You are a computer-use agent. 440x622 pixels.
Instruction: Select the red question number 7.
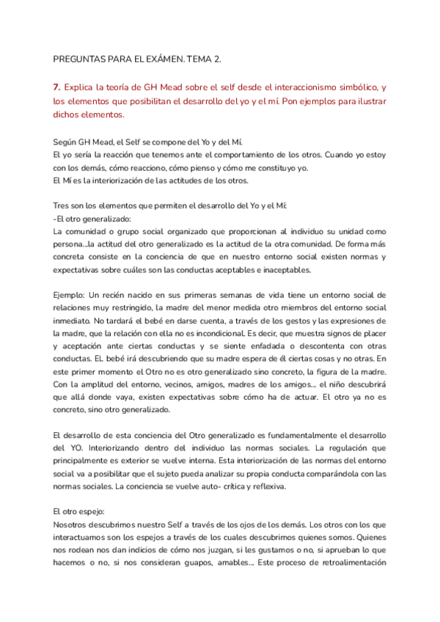tap(56, 87)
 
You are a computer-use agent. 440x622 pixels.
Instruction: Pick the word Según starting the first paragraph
tap(67, 142)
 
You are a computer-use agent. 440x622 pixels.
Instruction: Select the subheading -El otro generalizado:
tap(92, 219)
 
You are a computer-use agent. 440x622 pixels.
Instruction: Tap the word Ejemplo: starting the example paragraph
tap(71, 296)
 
